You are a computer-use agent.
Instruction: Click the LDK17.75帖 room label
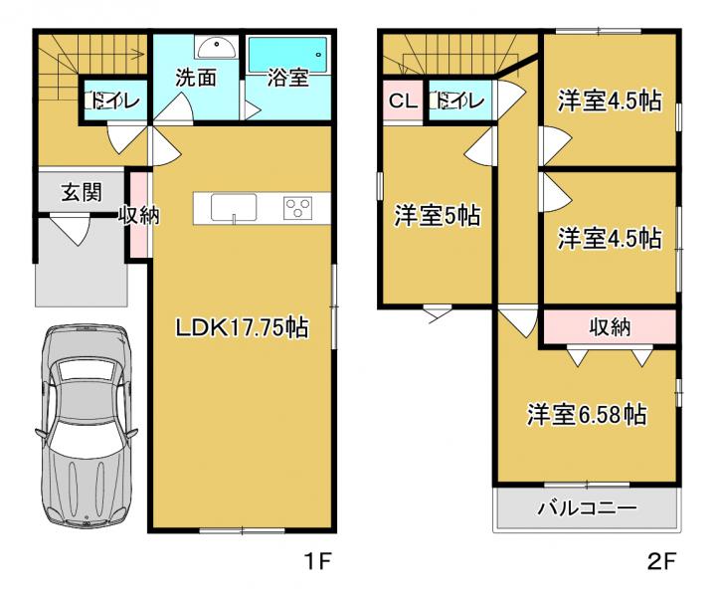[x=242, y=327]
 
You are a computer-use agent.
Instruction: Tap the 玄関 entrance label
[x=82, y=192]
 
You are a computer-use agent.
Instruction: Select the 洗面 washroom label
[x=196, y=78]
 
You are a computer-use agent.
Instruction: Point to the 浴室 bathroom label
[x=288, y=78]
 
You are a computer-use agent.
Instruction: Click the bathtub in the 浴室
[x=287, y=55]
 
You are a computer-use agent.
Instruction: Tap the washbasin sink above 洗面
[x=216, y=48]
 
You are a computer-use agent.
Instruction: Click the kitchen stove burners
[x=297, y=208]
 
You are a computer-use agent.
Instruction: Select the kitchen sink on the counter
[x=234, y=208]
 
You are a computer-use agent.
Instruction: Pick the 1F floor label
[x=317, y=561]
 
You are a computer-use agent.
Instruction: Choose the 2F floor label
[x=661, y=561]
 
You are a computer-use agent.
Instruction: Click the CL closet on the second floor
[x=403, y=100]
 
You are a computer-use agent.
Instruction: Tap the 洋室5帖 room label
[x=438, y=215]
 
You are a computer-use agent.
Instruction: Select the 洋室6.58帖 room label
[x=587, y=414]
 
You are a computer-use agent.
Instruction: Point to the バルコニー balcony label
[x=587, y=507]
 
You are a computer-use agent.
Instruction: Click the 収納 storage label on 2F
[x=610, y=326]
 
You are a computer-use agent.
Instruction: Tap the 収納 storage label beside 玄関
[x=139, y=215]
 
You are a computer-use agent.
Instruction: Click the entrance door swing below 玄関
[x=69, y=230]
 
